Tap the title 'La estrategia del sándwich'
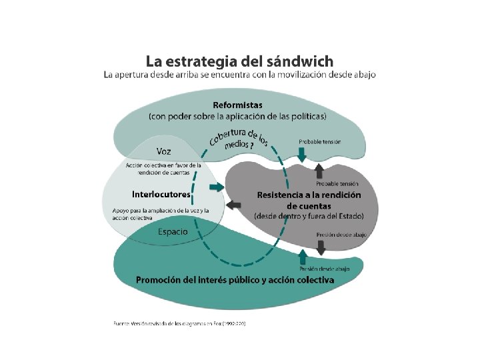pos(239,61)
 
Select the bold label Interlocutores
pos(161,195)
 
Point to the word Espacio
pos(172,232)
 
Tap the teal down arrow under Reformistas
pos(302,155)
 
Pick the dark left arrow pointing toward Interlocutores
pos(233,204)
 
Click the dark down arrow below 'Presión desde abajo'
pos(321,247)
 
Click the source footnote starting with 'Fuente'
pos(179,324)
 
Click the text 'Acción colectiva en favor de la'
pos(163,165)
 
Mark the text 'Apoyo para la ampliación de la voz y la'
pos(161,211)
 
